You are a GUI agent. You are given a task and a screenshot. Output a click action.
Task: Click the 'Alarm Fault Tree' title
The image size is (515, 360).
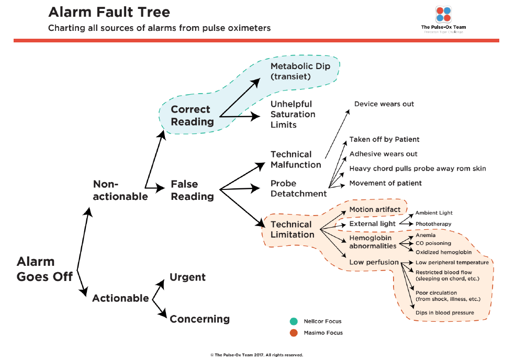(x=109, y=12)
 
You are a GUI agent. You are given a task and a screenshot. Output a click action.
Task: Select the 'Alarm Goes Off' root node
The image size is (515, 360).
(x=44, y=269)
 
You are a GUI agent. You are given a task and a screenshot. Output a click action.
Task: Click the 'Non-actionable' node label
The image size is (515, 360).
(x=120, y=190)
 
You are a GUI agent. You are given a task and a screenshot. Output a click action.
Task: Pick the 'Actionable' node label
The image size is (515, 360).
(x=120, y=298)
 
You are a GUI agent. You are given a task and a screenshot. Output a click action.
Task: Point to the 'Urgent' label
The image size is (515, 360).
(x=187, y=277)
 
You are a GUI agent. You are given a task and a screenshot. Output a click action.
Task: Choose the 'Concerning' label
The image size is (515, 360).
(x=199, y=319)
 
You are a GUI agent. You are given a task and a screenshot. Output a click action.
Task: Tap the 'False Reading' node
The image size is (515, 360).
(x=192, y=190)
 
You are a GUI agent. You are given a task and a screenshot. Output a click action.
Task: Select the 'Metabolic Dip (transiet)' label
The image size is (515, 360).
(x=300, y=71)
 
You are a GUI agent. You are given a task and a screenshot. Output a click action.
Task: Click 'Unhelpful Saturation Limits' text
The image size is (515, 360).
(x=293, y=114)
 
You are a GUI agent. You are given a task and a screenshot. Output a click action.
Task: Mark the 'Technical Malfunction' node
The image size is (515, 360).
(x=296, y=160)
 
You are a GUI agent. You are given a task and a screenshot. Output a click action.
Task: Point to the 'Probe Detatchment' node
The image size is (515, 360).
(x=298, y=188)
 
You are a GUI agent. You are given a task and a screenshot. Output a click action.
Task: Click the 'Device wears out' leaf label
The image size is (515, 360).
(x=384, y=104)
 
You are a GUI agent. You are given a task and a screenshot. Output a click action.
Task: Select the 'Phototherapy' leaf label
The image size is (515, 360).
(x=433, y=224)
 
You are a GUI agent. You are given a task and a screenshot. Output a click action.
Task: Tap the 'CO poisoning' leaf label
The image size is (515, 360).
(x=433, y=243)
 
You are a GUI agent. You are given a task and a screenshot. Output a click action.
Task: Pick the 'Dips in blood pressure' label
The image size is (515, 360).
(x=444, y=312)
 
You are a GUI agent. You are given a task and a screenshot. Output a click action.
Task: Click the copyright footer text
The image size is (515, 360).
(x=256, y=355)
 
